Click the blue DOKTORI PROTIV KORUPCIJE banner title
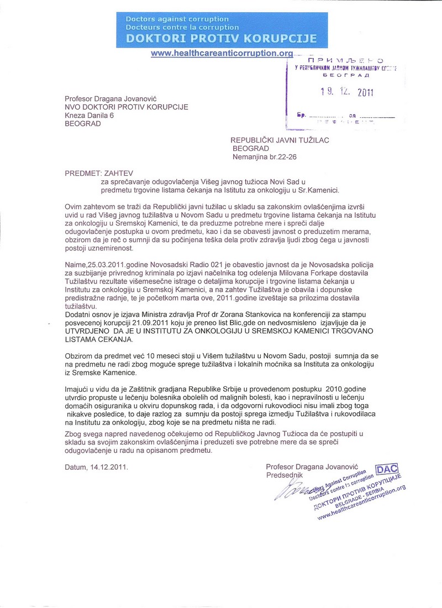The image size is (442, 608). click(x=222, y=39)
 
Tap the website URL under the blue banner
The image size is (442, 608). click(x=222, y=53)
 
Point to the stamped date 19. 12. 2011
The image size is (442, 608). click(x=347, y=92)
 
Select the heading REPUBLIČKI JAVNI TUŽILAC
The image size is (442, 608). click(x=280, y=140)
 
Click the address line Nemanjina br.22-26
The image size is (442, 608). click(x=264, y=157)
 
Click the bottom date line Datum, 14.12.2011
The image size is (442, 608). click(x=96, y=467)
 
